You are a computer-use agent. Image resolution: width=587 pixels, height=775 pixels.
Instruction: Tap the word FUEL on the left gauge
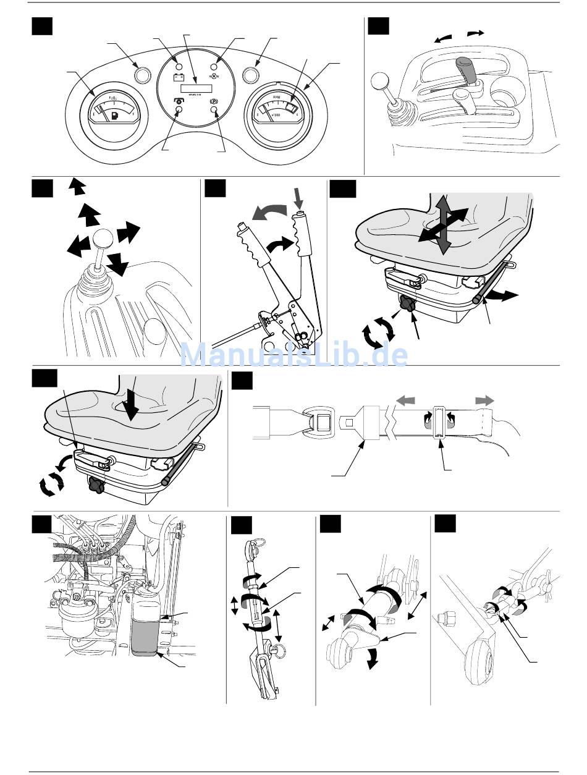pyautogui.click(x=114, y=98)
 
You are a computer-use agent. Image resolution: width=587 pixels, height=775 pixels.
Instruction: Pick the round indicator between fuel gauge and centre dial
pyautogui.click(x=142, y=75)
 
